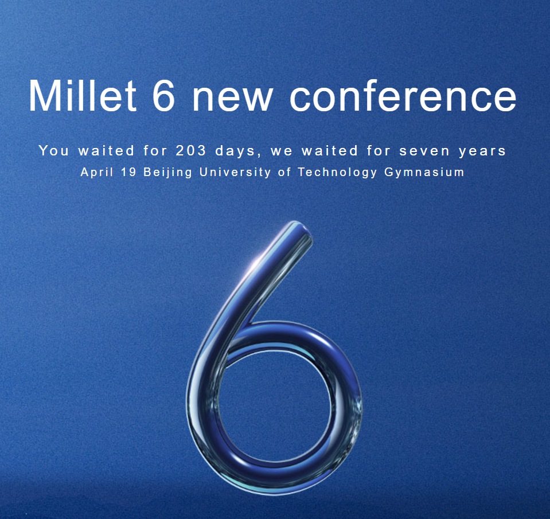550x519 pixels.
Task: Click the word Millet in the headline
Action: click(x=83, y=95)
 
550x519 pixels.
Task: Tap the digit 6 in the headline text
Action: click(x=164, y=95)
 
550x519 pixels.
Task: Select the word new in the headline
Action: click(x=232, y=100)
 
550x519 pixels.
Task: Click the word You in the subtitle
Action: click(x=54, y=150)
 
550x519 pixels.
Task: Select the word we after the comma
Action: click(x=282, y=152)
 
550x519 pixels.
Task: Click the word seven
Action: click(x=424, y=152)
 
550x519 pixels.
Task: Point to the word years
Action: click(x=482, y=152)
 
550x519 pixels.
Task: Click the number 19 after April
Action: click(x=128, y=172)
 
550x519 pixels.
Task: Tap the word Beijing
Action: click(x=168, y=173)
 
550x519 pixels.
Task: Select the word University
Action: click(x=235, y=173)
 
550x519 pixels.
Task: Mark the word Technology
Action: click(x=337, y=173)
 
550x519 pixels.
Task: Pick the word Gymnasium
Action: click(x=424, y=173)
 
